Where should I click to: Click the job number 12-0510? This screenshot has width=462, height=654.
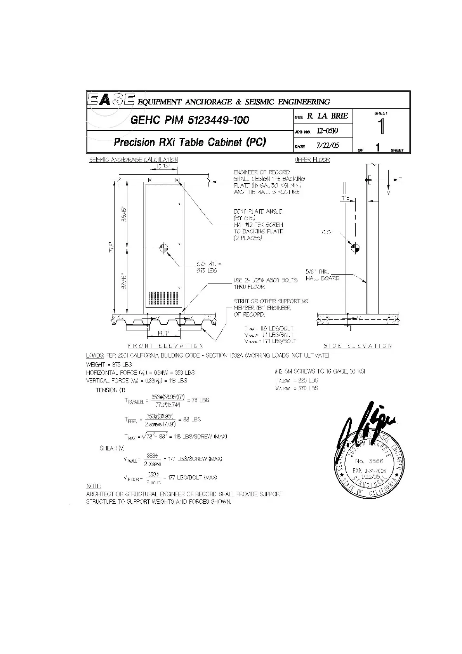point(327,131)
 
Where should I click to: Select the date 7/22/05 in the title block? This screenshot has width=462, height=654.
point(328,146)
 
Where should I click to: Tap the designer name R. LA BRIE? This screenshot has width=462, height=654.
point(327,116)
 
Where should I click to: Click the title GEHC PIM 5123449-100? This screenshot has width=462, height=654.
point(189,120)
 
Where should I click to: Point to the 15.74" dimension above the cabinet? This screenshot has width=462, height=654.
point(163,167)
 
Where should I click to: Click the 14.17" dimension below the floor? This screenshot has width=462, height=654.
point(163,332)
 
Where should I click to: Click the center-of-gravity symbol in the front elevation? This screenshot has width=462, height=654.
point(163,247)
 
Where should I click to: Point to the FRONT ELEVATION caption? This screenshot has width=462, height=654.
point(165,346)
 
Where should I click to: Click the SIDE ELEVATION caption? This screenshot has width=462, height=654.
point(358,346)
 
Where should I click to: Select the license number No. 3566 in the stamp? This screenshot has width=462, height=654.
point(369,461)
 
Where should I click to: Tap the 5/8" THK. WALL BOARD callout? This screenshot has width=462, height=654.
point(322,275)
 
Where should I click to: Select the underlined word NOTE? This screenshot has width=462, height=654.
point(93,486)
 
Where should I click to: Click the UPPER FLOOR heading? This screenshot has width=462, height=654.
point(312,160)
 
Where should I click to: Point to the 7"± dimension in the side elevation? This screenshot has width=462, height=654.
point(345,198)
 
